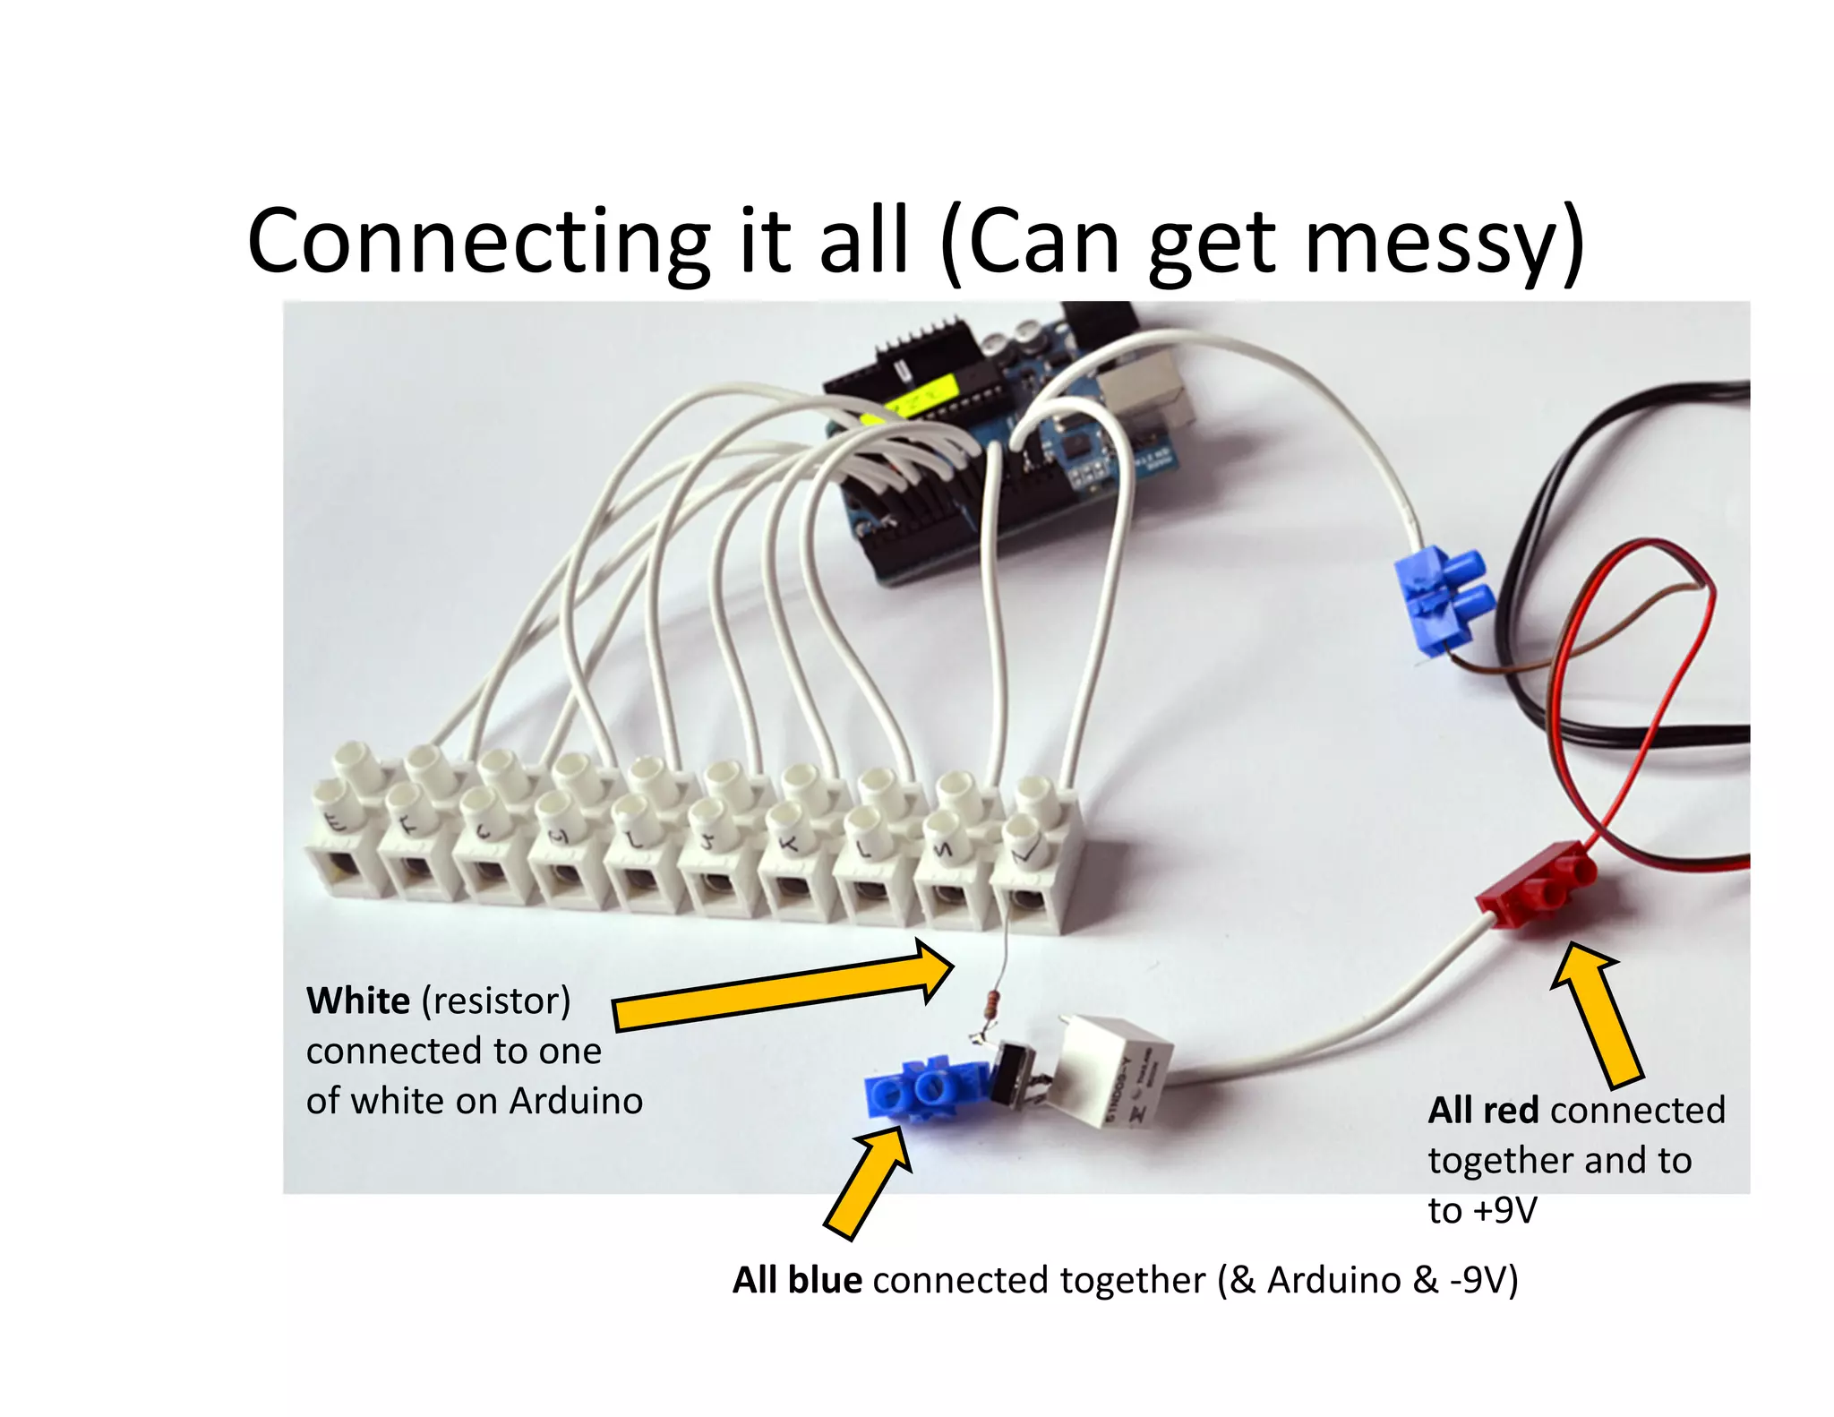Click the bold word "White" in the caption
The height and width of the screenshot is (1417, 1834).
358,1000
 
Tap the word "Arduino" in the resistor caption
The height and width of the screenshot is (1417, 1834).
576,1101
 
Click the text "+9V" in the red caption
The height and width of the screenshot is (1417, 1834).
1504,1210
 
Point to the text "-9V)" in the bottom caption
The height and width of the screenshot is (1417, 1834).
1484,1280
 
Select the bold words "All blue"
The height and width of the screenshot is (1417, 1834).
797,1280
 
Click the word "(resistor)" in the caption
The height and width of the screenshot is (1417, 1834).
495,1000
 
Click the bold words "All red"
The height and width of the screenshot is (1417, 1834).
1483,1111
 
